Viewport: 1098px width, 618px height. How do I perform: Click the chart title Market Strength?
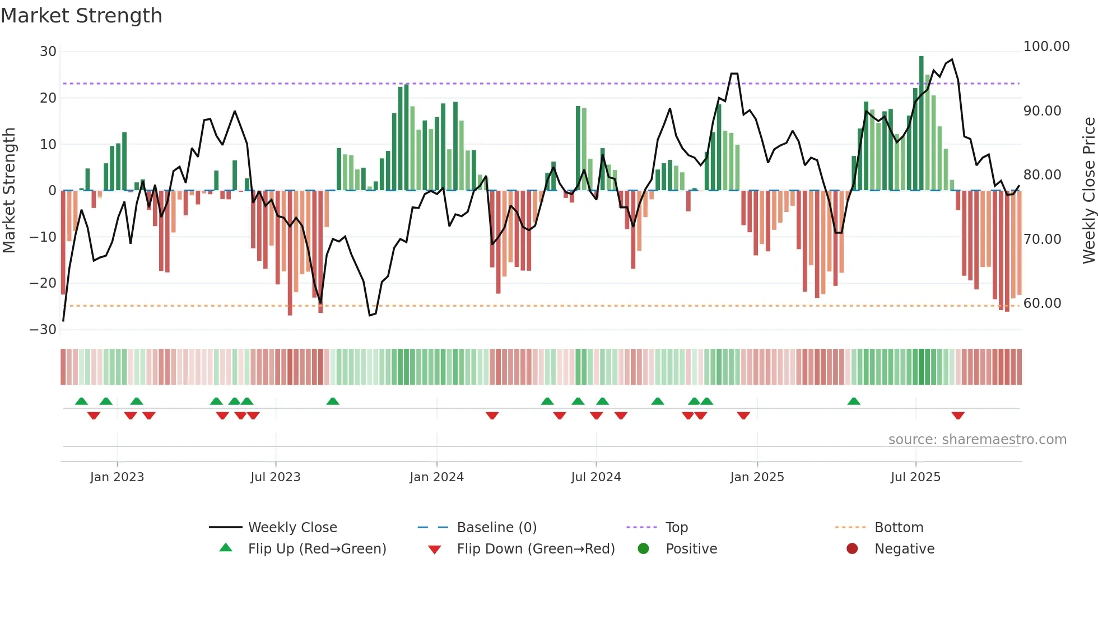tap(81, 16)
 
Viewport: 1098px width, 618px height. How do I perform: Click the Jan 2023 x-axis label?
tap(117, 477)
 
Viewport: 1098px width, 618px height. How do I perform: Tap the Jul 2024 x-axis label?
tap(596, 477)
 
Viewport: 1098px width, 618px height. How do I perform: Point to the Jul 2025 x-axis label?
tap(915, 477)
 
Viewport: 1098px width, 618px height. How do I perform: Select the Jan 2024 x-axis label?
tap(436, 477)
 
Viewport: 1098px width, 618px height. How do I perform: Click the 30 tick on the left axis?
tap(48, 52)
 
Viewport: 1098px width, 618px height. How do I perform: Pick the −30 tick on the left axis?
tap(43, 330)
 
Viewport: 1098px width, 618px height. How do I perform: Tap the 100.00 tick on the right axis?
tap(1046, 47)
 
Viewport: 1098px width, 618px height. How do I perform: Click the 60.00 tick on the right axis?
tap(1042, 303)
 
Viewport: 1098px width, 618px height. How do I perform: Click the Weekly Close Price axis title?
tap(1088, 191)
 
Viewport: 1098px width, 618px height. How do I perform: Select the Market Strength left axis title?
tap(10, 191)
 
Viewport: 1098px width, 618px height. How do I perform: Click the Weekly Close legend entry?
tap(292, 528)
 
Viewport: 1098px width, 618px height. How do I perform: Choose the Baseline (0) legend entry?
tap(496, 528)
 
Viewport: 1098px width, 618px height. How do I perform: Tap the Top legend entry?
tap(676, 528)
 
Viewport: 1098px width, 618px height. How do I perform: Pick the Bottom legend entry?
tap(899, 528)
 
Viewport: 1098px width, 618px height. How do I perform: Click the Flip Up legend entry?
tap(317, 549)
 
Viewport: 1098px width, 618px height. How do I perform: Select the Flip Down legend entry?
tap(536, 549)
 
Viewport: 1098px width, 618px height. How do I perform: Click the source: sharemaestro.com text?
tap(977, 440)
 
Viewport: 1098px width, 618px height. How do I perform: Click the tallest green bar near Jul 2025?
tap(921, 123)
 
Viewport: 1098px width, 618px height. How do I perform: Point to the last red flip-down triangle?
tap(958, 416)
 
